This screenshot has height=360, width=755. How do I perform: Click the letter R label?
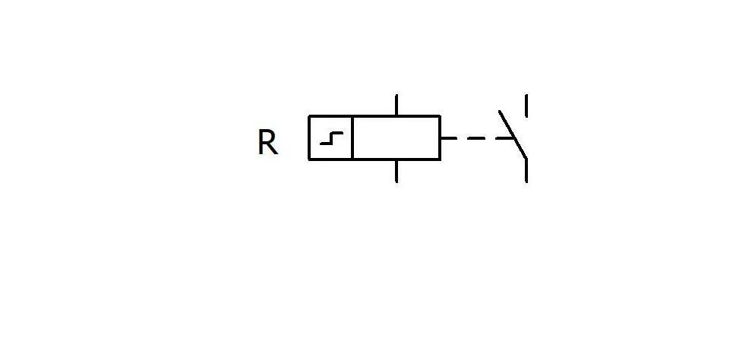click(x=267, y=142)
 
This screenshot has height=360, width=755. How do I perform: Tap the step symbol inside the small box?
click(x=332, y=138)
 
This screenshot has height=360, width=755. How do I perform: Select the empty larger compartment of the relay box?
click(x=396, y=137)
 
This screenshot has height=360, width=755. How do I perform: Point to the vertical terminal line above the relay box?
click(x=396, y=105)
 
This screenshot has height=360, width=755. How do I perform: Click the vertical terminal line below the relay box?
click(x=396, y=171)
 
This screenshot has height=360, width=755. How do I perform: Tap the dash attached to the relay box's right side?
click(x=448, y=138)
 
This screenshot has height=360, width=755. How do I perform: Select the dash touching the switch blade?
click(x=506, y=138)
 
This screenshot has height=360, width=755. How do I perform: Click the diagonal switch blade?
click(x=513, y=134)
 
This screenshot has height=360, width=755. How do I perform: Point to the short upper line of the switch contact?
click(x=526, y=106)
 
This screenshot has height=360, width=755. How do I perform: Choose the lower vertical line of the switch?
click(x=526, y=170)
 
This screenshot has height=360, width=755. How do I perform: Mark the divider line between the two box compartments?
click(x=352, y=137)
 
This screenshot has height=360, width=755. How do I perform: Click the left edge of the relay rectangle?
click(x=309, y=137)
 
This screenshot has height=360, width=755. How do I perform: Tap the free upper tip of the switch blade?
click(x=499, y=111)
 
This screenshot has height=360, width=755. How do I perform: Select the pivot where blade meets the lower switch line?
click(x=526, y=158)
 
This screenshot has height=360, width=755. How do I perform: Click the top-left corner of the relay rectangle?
click(x=309, y=116)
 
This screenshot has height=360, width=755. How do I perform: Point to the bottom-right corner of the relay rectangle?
click(x=440, y=159)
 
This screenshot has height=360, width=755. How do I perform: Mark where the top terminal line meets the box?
click(x=396, y=116)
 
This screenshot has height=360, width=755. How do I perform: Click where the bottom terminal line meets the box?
click(x=396, y=159)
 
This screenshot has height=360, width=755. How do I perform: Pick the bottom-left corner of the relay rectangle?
click(x=309, y=159)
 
